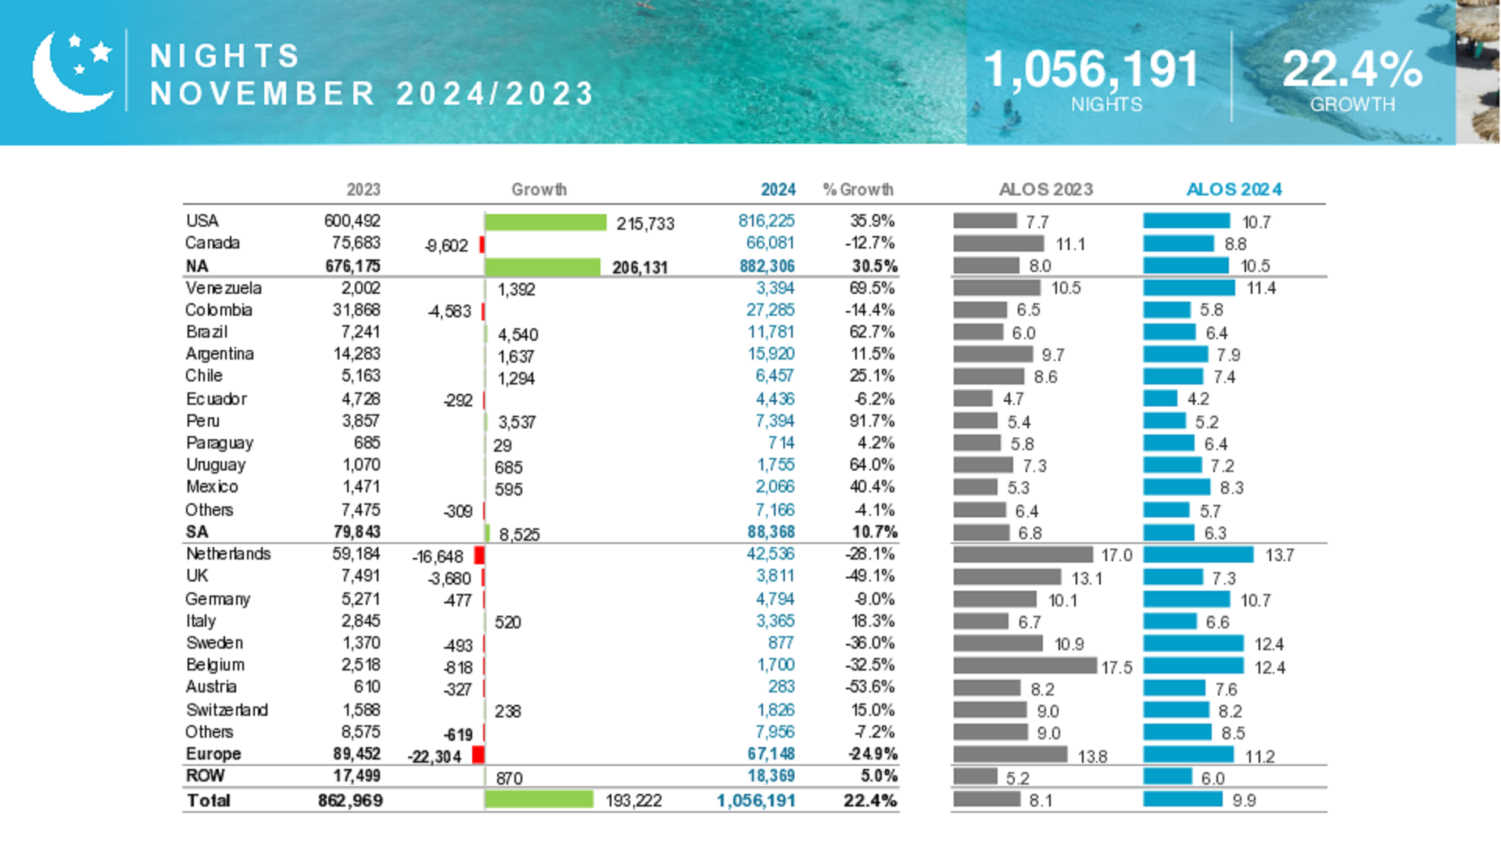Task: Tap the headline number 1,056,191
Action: point(1091,69)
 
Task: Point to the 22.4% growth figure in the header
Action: point(1352,69)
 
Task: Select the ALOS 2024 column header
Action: point(1234,189)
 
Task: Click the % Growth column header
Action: point(858,189)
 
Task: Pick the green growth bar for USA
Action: point(546,223)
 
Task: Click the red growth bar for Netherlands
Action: point(479,555)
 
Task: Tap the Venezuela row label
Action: point(224,288)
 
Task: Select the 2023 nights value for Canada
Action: point(356,243)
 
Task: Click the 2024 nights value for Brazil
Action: point(771,332)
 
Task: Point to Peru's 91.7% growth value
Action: point(872,420)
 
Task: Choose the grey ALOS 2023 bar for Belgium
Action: point(1024,666)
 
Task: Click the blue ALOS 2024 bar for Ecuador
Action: point(1160,399)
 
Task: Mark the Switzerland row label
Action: point(227,710)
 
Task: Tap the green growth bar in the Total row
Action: point(539,799)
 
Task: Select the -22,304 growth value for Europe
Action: point(435,756)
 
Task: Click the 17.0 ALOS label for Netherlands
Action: point(1116,555)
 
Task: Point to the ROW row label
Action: point(205,775)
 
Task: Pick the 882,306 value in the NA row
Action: point(767,266)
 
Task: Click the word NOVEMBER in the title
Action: point(263,94)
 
